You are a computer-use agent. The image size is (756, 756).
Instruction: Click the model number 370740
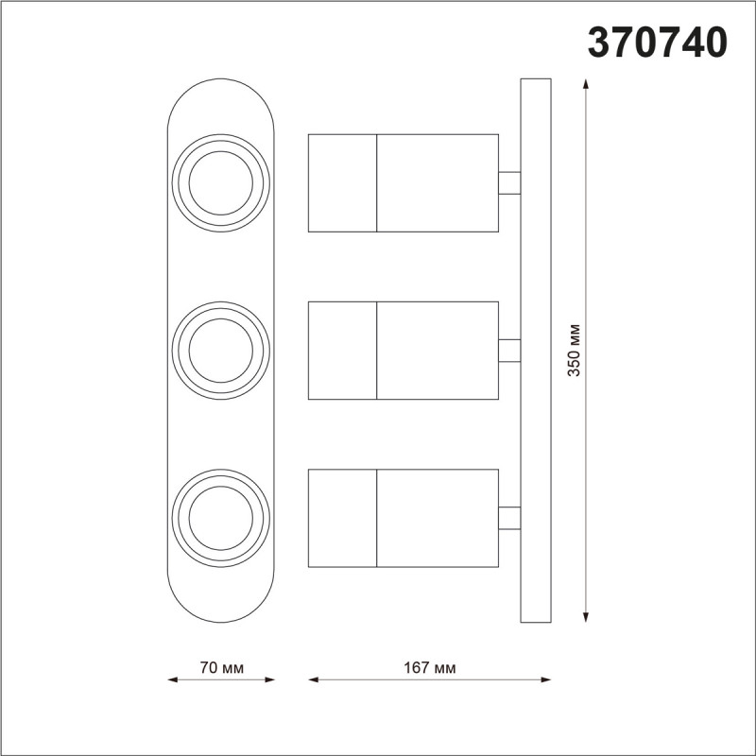658,43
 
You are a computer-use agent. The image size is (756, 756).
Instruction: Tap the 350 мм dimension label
574,351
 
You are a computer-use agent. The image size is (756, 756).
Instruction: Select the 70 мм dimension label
221,668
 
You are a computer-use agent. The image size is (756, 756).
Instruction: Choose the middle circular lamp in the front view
220,351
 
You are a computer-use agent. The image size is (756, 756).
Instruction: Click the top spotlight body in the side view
404,182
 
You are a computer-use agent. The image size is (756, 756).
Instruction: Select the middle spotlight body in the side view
404,351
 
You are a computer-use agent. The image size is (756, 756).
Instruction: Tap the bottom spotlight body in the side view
404,519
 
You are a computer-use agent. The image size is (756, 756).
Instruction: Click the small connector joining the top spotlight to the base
509,182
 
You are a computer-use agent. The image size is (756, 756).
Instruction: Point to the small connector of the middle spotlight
509,351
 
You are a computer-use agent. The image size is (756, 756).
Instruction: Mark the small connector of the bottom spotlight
509,519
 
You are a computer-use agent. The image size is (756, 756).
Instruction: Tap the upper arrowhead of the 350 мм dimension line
587,84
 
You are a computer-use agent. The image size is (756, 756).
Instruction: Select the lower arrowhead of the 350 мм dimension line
587,617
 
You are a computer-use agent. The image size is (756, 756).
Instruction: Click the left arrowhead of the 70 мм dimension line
172,679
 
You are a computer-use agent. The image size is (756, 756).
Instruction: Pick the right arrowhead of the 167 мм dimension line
545,679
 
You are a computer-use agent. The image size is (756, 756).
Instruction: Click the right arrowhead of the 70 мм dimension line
270,679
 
